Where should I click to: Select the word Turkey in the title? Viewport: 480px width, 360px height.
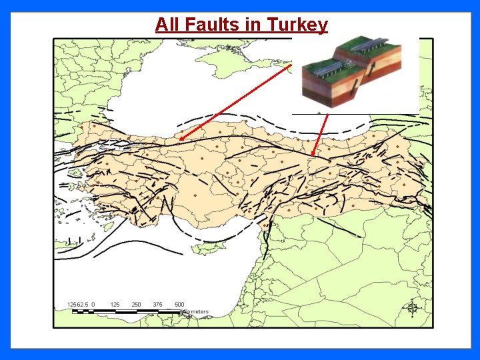point(297,25)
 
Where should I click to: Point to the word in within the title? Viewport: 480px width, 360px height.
point(254,25)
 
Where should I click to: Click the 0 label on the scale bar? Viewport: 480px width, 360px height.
point(93,305)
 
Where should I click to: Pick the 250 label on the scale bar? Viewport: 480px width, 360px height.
point(137,305)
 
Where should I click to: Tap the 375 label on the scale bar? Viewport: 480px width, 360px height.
point(158,305)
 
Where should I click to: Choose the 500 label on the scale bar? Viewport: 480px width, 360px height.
point(179,305)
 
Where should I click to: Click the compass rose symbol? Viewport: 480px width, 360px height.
point(412,307)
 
